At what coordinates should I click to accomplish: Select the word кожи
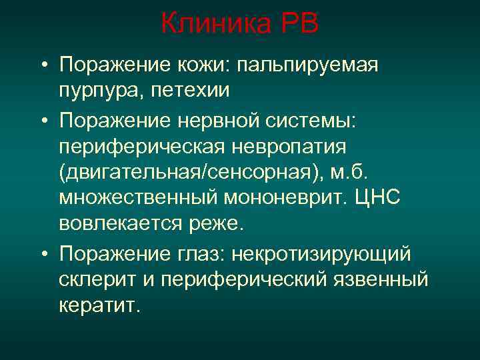click(x=191, y=66)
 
